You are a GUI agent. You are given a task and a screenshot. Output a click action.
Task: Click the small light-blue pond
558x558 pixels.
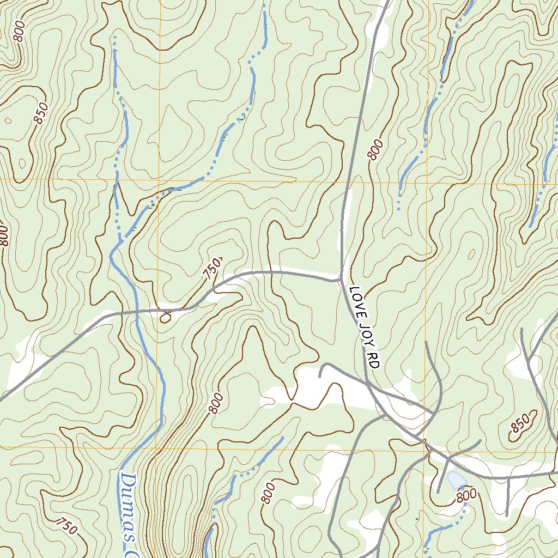click(x=456, y=481)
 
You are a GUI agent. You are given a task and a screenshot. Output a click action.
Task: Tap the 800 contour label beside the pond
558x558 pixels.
click(x=466, y=495)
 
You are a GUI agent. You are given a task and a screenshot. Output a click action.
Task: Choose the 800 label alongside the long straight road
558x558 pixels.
click(x=375, y=149)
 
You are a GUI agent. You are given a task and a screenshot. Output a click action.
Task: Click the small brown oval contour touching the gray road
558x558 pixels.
click(x=166, y=316)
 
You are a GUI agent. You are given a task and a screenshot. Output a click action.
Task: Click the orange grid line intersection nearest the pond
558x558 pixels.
click(x=425, y=448)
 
